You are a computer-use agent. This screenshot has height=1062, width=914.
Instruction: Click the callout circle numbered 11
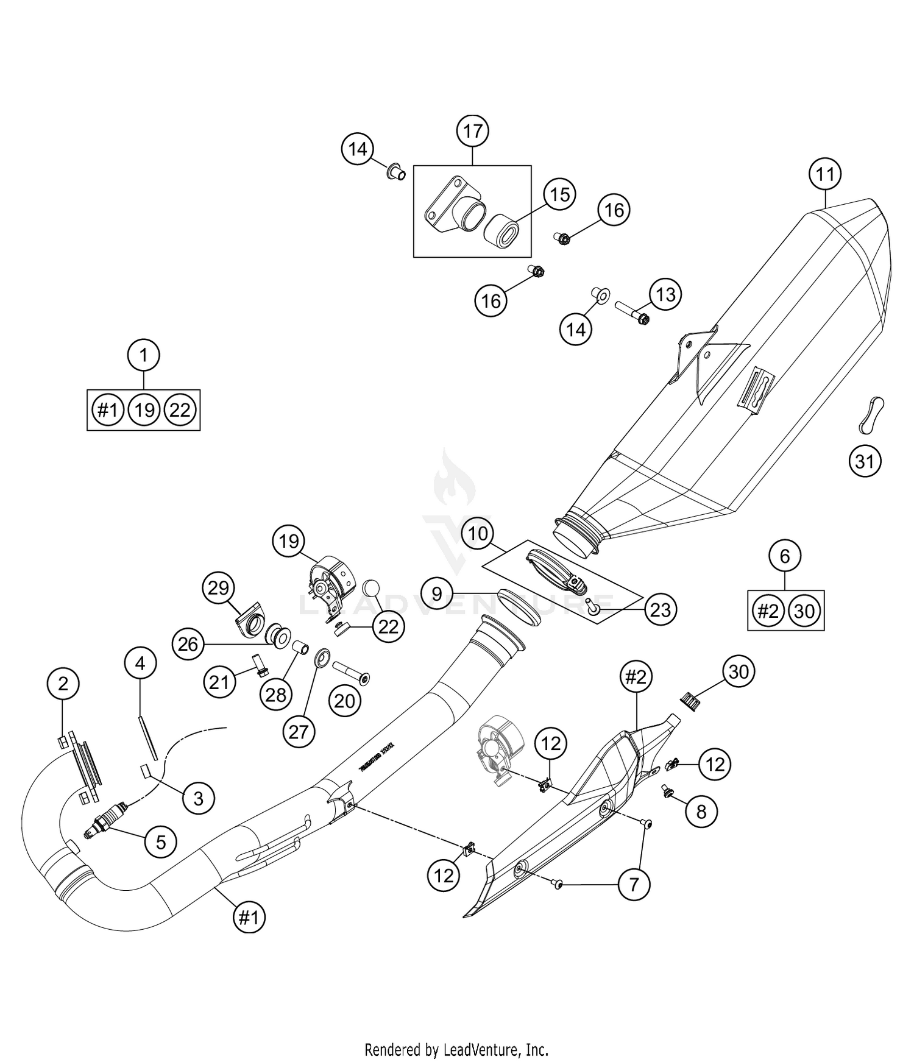[x=825, y=174]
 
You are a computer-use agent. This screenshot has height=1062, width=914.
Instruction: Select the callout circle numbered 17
[x=473, y=131]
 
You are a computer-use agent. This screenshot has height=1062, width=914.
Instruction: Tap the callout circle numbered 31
[x=865, y=462]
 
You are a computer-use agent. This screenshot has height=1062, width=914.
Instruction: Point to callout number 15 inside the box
[x=559, y=194]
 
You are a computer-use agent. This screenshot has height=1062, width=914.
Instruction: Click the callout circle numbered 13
[x=665, y=294]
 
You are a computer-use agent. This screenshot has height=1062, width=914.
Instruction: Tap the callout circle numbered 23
[x=661, y=609]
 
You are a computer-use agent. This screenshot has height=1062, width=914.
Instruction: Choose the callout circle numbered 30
[x=739, y=671]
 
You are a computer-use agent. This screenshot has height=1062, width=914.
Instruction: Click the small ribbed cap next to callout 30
[x=689, y=701]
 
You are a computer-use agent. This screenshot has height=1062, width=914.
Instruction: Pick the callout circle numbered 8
[x=701, y=812]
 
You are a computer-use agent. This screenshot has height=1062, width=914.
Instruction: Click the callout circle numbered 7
[x=634, y=884]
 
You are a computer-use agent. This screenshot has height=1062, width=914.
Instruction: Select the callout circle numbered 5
[x=161, y=842]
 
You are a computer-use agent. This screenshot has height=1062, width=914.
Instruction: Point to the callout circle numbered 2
[x=63, y=684]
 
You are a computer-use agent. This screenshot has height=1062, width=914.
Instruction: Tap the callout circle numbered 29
[x=218, y=588]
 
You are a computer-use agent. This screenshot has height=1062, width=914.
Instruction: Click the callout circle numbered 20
[x=345, y=702]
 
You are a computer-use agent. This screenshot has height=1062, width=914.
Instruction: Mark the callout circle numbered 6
[x=785, y=556]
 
